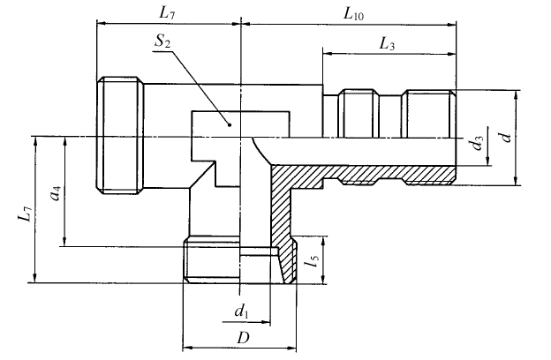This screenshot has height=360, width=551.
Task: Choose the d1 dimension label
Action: tap(241, 311)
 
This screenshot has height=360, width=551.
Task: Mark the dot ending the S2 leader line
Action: tap(228, 124)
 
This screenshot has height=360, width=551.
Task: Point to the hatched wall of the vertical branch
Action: tap(281, 212)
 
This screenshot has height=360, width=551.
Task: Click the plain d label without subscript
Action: tap(503, 136)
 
